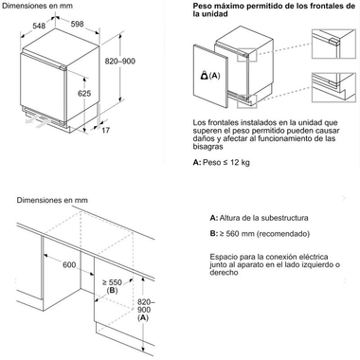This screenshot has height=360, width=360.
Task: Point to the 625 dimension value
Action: click(85, 92)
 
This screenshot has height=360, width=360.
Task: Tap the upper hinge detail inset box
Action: click(331, 43)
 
